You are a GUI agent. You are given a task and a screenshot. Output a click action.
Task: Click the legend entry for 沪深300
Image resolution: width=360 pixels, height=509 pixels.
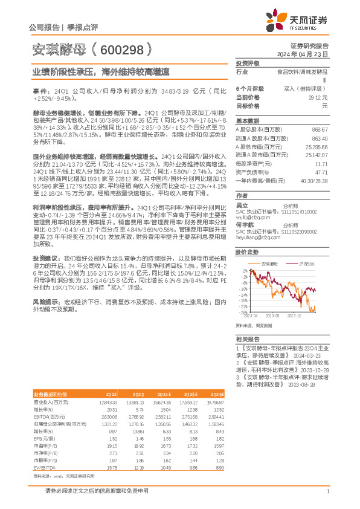point(307,264)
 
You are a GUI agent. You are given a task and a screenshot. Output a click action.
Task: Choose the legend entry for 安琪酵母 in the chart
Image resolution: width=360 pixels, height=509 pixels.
point(269,264)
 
